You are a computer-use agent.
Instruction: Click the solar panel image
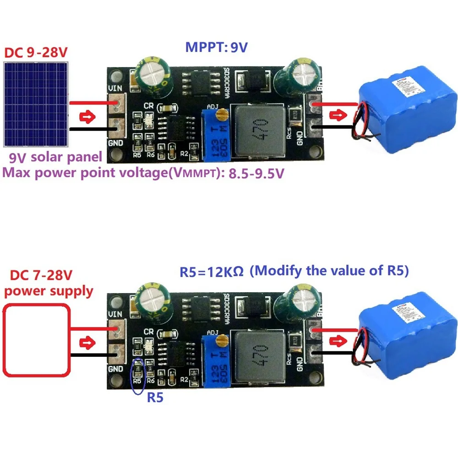(36, 104)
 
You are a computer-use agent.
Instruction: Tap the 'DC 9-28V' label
(36, 52)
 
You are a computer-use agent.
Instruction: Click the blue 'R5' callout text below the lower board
(155, 398)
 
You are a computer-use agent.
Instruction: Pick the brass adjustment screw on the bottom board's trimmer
(222, 339)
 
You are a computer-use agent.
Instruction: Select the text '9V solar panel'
(56, 158)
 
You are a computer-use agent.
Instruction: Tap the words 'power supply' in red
(48, 291)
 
